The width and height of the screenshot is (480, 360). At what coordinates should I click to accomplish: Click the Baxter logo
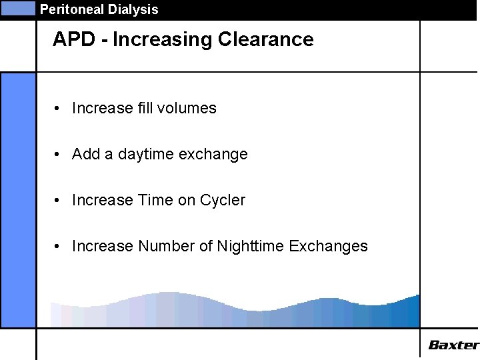(x=453, y=345)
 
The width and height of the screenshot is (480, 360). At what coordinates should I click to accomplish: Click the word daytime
(x=147, y=155)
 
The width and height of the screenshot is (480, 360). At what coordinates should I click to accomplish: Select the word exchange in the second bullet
(x=214, y=155)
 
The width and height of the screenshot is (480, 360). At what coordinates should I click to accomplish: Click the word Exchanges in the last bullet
(x=329, y=247)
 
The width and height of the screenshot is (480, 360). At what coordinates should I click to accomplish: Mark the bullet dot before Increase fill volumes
(x=59, y=108)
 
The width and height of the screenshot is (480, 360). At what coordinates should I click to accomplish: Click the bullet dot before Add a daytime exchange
(x=59, y=155)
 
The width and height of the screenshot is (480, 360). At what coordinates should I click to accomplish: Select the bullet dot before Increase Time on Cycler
(x=59, y=200)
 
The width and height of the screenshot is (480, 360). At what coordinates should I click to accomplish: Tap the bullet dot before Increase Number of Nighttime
(x=59, y=246)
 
